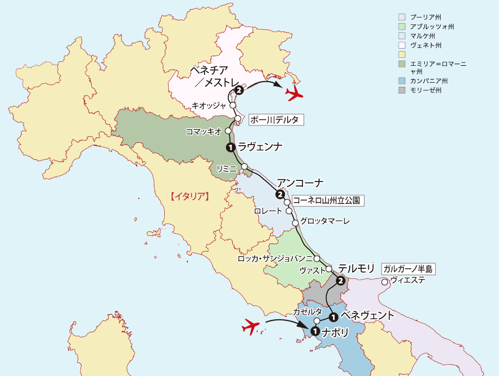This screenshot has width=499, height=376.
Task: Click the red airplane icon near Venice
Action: (x=294, y=94)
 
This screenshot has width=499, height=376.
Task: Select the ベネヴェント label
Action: (x=366, y=316)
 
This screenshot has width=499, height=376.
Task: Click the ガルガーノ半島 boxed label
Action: (x=407, y=269)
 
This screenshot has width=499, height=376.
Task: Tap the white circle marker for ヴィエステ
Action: (x=385, y=282)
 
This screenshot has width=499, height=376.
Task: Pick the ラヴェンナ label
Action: (x=260, y=147)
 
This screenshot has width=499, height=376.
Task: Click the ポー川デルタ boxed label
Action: (x=276, y=120)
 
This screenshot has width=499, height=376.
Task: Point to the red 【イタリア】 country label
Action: (x=190, y=197)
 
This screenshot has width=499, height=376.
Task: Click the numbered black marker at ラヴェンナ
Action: (x=230, y=147)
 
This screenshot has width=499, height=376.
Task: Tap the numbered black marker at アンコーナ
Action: (x=280, y=195)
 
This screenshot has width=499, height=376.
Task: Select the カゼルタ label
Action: (x=308, y=311)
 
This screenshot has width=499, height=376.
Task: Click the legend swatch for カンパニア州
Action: (x=402, y=81)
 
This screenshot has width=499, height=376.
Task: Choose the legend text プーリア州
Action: (x=426, y=18)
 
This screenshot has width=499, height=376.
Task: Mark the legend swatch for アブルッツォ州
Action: (x=402, y=27)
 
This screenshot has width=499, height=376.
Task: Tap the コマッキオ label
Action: (x=203, y=131)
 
